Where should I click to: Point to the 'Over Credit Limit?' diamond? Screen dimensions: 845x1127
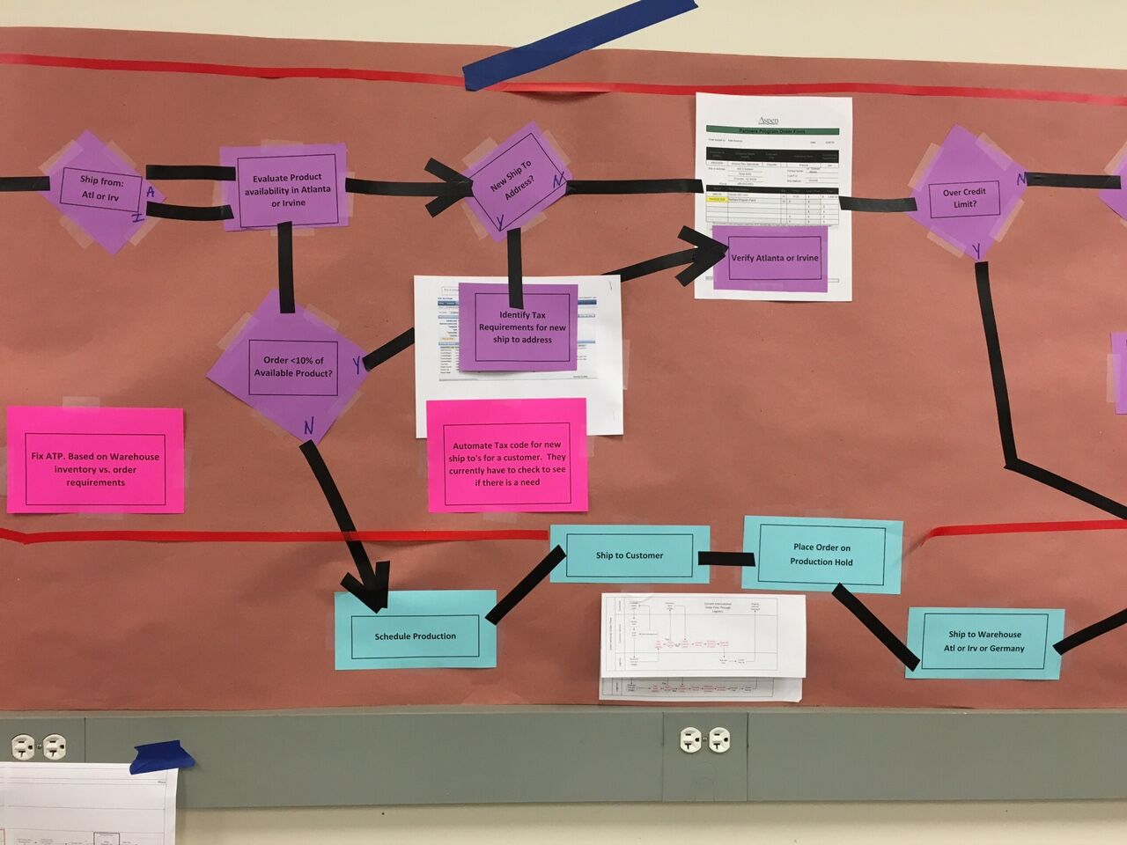point(964,197)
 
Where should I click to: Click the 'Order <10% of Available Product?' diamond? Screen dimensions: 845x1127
point(291,367)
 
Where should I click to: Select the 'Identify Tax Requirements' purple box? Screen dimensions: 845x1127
point(520,327)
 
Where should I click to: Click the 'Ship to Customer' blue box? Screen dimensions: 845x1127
point(629,555)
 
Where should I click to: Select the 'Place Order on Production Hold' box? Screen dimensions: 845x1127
point(821,555)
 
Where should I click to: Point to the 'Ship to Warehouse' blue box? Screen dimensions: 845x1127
point(984,643)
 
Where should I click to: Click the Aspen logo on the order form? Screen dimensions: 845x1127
point(768,120)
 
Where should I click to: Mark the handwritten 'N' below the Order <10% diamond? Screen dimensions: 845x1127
point(309,428)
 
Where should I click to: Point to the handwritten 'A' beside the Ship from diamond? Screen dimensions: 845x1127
point(151,191)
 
